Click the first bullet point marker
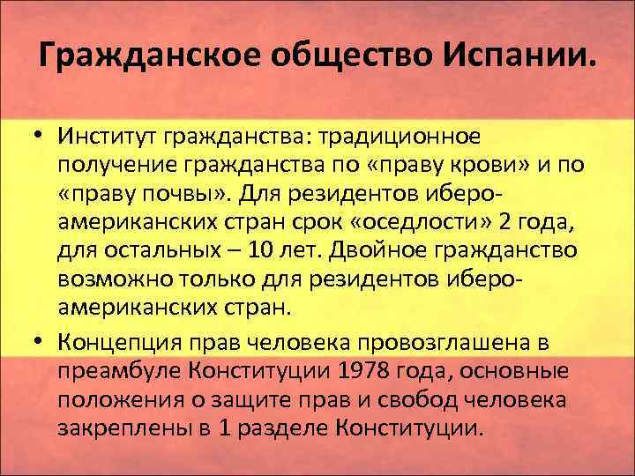[x=41, y=138]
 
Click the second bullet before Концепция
[x=41, y=342]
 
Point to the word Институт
[x=105, y=138]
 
